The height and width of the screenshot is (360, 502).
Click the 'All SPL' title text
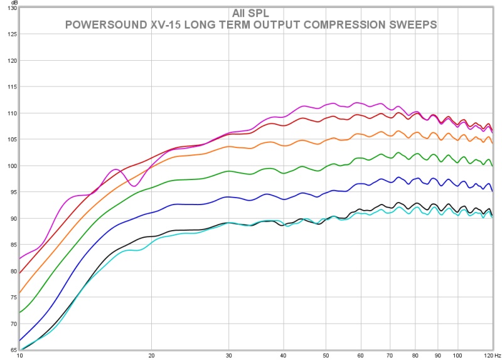pyautogui.click(x=250, y=13)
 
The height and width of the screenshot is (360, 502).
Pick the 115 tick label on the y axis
pyautogui.click(x=11, y=87)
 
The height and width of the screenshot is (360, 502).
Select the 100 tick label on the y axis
pyautogui.click(x=11, y=166)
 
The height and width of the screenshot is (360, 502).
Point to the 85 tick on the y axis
pyautogui.click(x=11, y=245)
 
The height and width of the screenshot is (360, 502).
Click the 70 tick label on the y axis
pyautogui.click(x=12, y=324)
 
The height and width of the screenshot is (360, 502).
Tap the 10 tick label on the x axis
pyautogui.click(x=19, y=355)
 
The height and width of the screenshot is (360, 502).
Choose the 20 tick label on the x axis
pyautogui.click(x=151, y=355)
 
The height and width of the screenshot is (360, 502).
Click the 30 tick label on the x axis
pyautogui.click(x=228, y=355)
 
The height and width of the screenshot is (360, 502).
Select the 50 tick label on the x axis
pyautogui.click(x=326, y=355)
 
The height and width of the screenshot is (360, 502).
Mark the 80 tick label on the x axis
pyautogui.click(x=415, y=355)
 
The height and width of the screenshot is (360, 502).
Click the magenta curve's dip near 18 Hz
pyautogui.click(x=133, y=186)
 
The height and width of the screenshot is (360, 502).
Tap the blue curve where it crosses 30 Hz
pyautogui.click(x=228, y=196)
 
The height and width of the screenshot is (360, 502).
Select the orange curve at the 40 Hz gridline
pyautogui.click(x=283, y=146)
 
